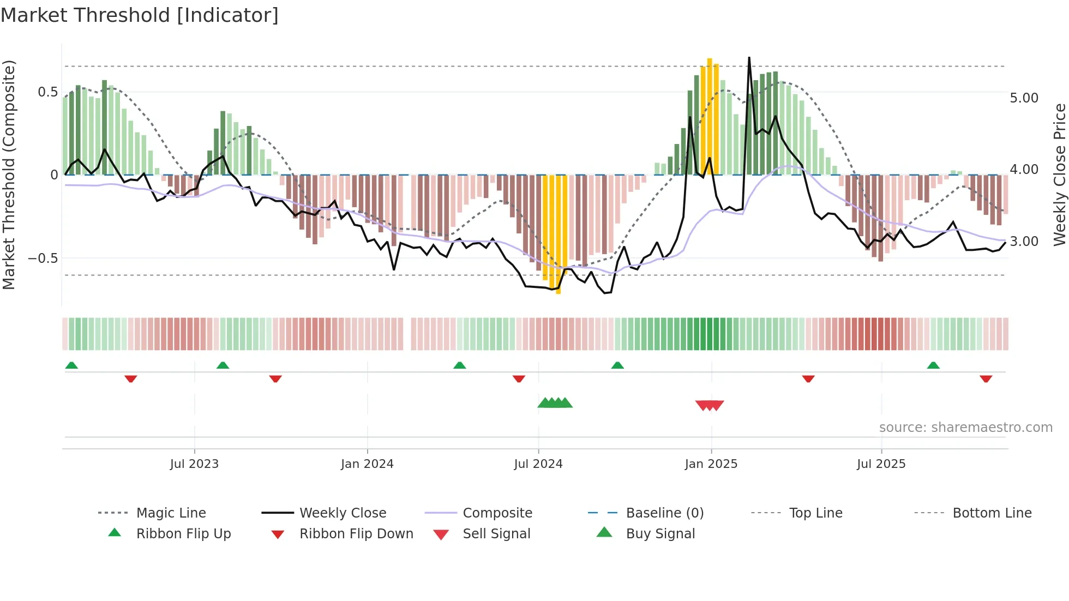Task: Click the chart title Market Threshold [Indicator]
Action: (x=140, y=15)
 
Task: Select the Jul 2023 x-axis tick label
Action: (x=194, y=464)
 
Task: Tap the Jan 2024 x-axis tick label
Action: (x=367, y=464)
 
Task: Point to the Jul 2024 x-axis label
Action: (x=538, y=464)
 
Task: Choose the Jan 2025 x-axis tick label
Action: (x=711, y=464)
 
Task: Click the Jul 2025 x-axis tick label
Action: (x=881, y=464)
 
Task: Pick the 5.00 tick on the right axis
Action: (x=1024, y=98)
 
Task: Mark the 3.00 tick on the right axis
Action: (x=1024, y=242)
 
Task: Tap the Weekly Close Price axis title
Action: (x=1060, y=175)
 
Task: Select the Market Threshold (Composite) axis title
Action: (x=9, y=175)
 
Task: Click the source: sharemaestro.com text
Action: (x=966, y=428)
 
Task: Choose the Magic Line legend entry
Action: (x=171, y=513)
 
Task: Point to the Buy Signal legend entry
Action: (x=660, y=534)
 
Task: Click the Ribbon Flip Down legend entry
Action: (x=356, y=534)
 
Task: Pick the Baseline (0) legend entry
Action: (x=664, y=513)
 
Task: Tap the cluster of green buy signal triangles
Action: (x=555, y=403)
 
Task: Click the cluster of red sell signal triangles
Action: (x=710, y=405)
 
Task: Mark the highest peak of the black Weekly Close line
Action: (x=749, y=58)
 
